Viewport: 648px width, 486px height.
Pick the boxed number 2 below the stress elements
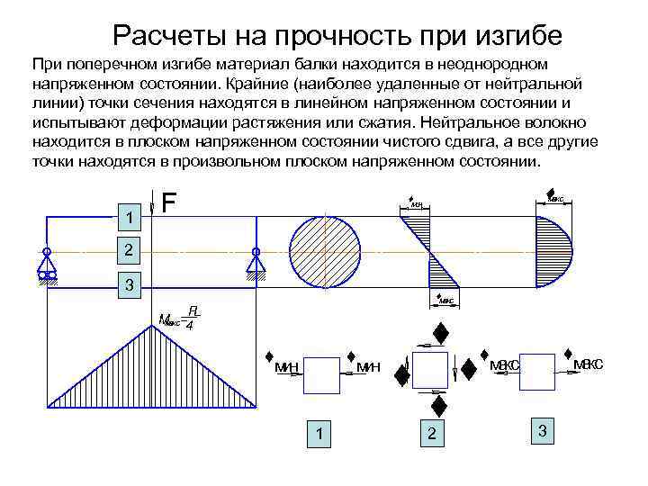pyautogui.click(x=432, y=434)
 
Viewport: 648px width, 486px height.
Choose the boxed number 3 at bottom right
pyautogui.click(x=542, y=430)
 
